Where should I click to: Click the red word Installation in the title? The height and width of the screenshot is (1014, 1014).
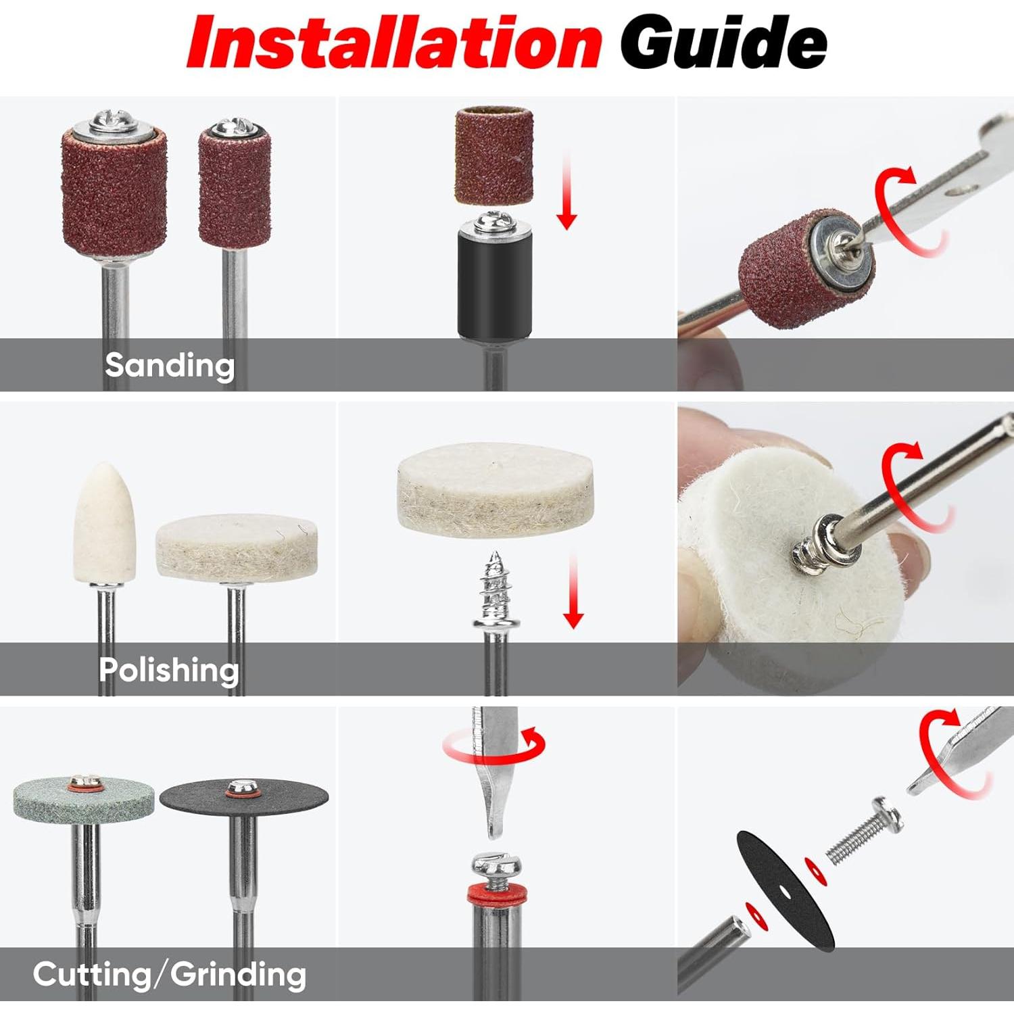[393, 42]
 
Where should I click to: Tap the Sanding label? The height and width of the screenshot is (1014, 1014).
[169, 365]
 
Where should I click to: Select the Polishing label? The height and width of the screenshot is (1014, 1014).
[169, 670]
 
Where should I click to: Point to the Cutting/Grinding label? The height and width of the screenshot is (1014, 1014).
[169, 975]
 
